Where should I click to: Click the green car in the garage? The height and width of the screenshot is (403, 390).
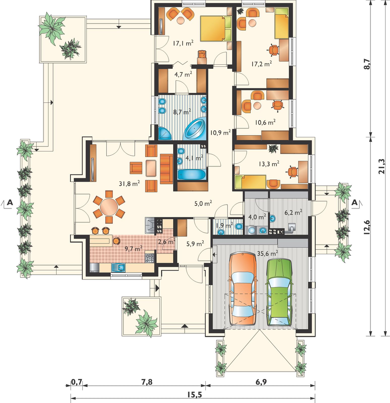[280, 292]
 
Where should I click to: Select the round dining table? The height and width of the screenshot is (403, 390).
[109, 207]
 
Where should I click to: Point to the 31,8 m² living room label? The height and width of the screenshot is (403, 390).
[129, 183]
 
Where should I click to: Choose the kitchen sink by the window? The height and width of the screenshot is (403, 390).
[118, 267]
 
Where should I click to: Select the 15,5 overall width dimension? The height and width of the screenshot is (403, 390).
[194, 395]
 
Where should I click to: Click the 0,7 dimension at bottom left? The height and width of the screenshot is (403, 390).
[77, 382]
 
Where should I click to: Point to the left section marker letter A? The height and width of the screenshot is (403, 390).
[10, 202]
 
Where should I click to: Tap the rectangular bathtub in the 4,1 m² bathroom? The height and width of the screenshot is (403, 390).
[192, 175]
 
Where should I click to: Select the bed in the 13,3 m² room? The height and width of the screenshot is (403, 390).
[250, 182]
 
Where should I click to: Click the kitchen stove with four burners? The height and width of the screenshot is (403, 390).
[149, 258]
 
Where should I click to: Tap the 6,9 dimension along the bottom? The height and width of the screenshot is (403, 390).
[261, 382]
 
